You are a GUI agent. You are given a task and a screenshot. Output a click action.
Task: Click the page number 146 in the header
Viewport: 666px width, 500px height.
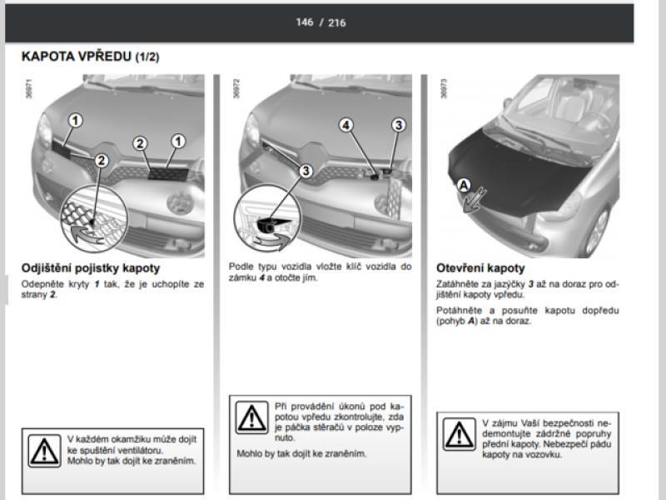[x=305, y=22]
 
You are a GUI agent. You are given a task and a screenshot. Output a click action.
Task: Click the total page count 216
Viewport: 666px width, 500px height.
[x=337, y=22]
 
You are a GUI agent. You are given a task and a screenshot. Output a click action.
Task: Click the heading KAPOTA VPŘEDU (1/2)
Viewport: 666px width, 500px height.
[x=91, y=57]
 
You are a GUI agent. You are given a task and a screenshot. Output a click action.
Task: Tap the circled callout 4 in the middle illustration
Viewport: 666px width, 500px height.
[x=346, y=126]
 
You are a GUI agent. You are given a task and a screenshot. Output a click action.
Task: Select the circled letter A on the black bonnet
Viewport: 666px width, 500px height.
[x=464, y=186]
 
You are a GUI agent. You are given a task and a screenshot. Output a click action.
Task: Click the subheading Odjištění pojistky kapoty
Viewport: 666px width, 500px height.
[x=91, y=268]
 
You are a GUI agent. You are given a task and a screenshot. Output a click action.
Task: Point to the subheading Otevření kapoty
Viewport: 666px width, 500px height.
[x=480, y=268]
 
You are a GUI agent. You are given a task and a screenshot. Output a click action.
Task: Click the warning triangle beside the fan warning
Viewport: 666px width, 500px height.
[x=45, y=451]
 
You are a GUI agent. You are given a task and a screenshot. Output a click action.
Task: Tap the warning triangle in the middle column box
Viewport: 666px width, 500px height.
[x=252, y=417]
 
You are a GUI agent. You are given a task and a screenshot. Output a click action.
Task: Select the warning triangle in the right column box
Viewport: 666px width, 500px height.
[x=460, y=434]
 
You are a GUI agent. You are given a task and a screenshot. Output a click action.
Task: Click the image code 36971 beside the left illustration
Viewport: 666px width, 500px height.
[x=29, y=88]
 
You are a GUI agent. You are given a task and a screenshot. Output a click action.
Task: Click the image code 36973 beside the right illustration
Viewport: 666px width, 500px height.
[x=444, y=88]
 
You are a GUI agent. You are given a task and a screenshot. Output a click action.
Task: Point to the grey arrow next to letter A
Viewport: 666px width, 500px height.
[x=474, y=200]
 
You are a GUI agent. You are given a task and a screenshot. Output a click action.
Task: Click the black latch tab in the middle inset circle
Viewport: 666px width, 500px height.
[x=272, y=225]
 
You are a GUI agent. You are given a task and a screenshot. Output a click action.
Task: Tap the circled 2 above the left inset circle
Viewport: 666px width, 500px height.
[x=101, y=161]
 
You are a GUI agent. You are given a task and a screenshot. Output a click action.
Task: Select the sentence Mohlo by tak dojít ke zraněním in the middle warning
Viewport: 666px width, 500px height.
[x=301, y=453]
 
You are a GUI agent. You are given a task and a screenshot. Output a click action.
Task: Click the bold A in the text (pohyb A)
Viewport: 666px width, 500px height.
[x=471, y=321]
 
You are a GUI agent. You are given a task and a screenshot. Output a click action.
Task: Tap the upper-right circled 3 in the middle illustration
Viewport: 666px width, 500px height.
[x=399, y=125]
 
